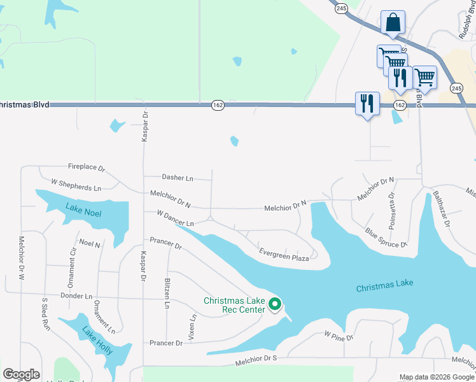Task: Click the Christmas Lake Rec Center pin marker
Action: (x=275, y=305)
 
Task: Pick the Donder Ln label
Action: (x=76, y=296)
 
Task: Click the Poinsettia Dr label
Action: (x=391, y=210)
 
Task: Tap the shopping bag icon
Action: (x=393, y=22)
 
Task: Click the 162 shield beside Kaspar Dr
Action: (x=217, y=104)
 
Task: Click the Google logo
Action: (x=21, y=374)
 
